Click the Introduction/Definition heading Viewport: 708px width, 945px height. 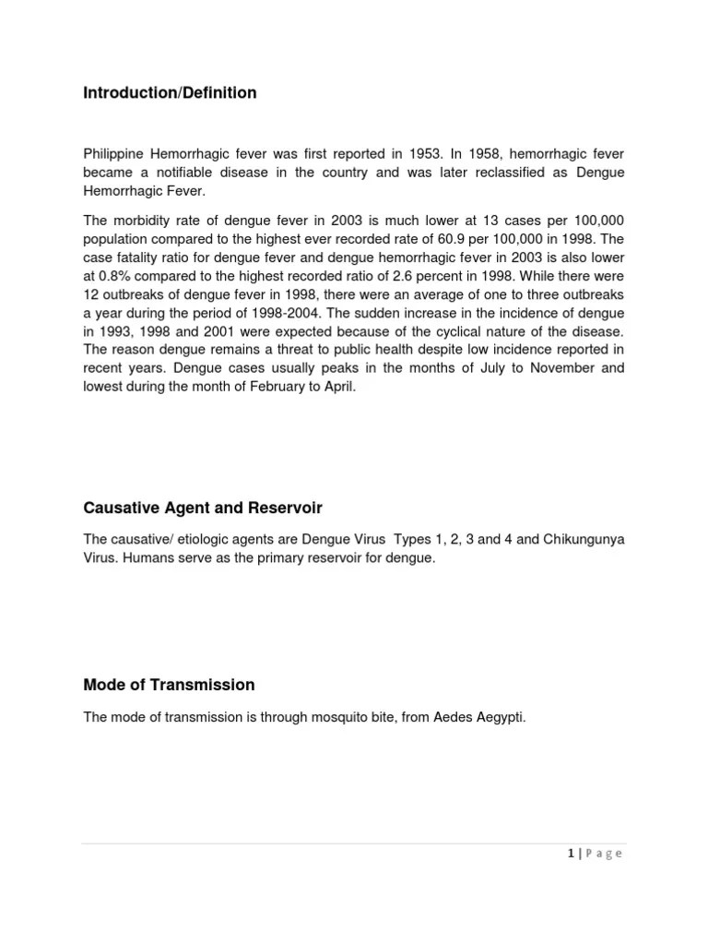coord(170,93)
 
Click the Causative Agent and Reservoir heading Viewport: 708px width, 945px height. coord(203,508)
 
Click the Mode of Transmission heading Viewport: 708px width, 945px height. coord(169,685)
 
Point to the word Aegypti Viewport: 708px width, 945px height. coord(499,717)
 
